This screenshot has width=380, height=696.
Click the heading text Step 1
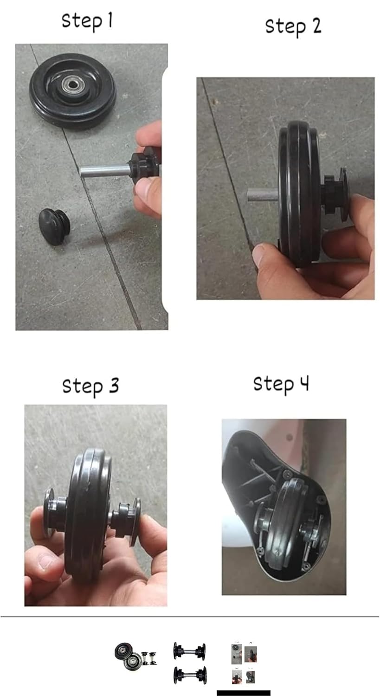click(87, 21)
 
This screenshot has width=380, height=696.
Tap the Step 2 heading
click(293, 27)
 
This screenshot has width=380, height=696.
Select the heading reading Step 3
click(90, 386)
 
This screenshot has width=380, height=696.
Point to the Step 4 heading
click(281, 384)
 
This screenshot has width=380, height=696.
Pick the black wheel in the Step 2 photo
click(299, 194)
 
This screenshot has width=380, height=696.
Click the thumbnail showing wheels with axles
click(135, 655)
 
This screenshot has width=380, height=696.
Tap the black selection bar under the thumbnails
click(244, 693)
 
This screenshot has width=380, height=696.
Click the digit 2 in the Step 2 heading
click(316, 26)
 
